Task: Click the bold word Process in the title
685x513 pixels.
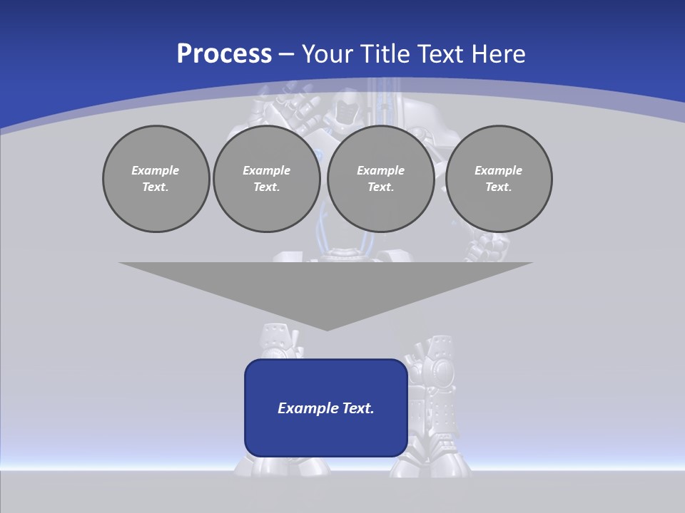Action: (x=224, y=53)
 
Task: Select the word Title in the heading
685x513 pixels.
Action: (x=388, y=53)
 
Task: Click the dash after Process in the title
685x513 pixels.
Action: (x=286, y=55)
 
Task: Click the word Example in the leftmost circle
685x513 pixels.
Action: (x=156, y=170)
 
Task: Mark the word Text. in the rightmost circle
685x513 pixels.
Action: (x=499, y=187)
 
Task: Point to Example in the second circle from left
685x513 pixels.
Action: (x=266, y=170)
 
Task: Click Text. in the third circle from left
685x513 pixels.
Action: (x=380, y=187)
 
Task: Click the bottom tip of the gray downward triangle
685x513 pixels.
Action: (x=326, y=329)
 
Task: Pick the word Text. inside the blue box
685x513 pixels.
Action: (x=359, y=408)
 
